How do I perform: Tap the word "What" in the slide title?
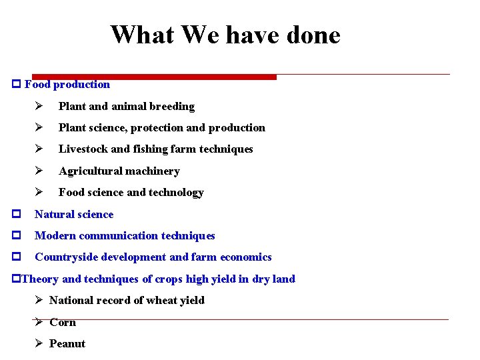[x=137, y=35]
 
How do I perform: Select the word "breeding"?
[x=172, y=107]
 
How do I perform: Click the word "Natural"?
[x=54, y=215]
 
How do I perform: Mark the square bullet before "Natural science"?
[x=15, y=215]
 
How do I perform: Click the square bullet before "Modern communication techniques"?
[x=15, y=236]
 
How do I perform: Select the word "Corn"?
[x=63, y=323]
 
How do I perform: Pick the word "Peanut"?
[x=67, y=344]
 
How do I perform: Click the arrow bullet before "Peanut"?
[x=39, y=344]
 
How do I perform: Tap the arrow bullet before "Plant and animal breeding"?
[x=39, y=107]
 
